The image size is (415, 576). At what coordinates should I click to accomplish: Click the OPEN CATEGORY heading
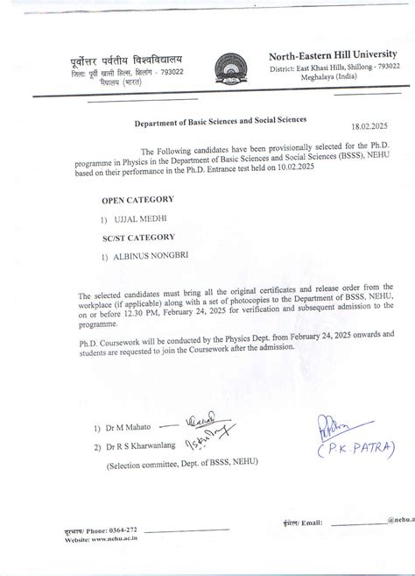tap(137, 200)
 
